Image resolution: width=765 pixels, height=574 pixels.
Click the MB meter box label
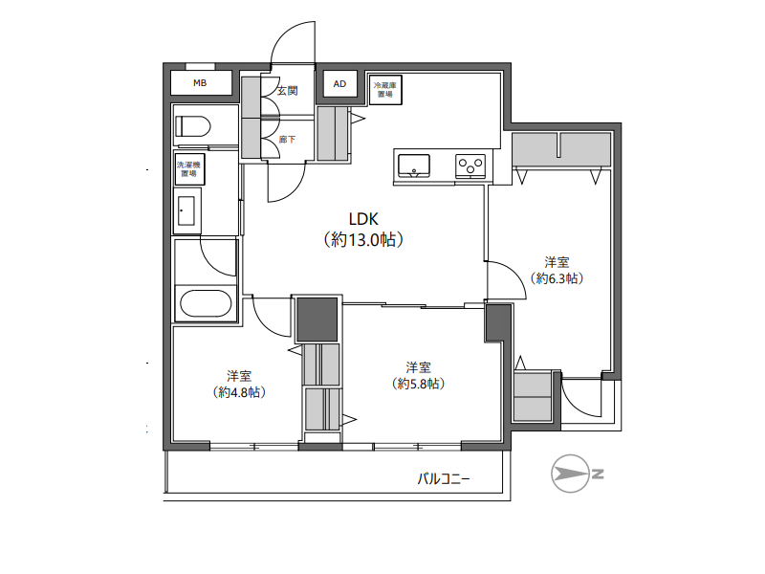(200, 83)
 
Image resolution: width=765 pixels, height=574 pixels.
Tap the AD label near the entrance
(339, 84)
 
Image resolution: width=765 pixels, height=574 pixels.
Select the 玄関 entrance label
(288, 91)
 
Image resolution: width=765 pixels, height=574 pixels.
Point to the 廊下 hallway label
(288, 140)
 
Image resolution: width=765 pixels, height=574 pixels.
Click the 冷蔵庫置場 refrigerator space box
(385, 90)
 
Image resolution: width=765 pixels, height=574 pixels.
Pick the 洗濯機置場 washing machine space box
(188, 169)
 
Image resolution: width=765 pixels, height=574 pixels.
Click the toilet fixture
(192, 126)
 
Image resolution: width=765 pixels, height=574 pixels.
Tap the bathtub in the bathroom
(206, 303)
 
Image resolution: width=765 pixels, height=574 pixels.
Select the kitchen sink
(414, 166)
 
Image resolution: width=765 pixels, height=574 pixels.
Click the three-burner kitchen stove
(470, 166)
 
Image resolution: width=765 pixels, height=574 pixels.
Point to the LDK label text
(363, 219)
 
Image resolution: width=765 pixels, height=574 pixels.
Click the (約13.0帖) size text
(363, 240)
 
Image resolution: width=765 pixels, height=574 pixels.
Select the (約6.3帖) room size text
(557, 278)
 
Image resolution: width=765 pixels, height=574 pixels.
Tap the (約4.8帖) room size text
(239, 392)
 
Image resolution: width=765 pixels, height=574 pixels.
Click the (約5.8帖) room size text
(418, 384)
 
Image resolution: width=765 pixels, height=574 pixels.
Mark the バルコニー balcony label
(443, 479)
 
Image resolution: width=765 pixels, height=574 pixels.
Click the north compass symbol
(570, 474)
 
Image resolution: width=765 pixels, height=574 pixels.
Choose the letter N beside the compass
(599, 474)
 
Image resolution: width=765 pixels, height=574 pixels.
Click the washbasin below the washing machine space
(186, 210)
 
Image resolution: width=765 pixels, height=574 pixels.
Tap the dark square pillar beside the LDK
(317, 320)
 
